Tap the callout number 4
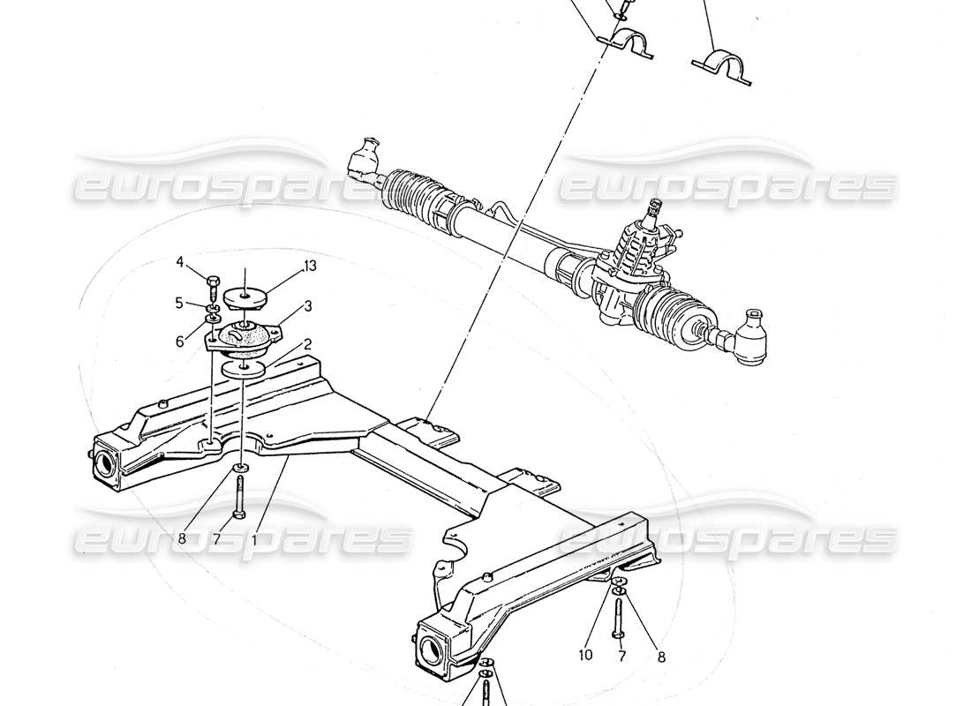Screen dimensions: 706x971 180,261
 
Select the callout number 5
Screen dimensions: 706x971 179,303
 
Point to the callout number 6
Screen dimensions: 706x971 179,340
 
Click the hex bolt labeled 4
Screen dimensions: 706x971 212,283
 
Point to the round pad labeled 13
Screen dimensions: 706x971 243,298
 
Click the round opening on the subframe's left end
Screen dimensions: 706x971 105,465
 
